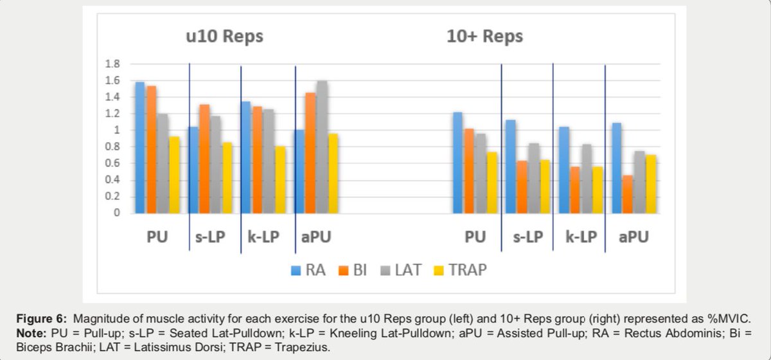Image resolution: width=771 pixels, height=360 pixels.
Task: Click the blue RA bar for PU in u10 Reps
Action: [x=140, y=148]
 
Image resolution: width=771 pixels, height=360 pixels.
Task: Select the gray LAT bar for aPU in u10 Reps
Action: [x=321, y=147]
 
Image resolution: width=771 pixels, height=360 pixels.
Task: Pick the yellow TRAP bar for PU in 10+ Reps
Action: [x=491, y=183]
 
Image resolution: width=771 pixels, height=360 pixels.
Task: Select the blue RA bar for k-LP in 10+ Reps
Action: [x=564, y=170]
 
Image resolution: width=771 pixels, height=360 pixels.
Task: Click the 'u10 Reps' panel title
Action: [x=220, y=36]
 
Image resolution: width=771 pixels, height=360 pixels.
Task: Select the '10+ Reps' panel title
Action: [x=484, y=36]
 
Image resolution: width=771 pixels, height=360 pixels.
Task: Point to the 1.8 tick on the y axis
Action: [x=112, y=64]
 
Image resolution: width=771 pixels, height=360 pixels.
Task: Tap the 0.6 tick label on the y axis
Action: [x=112, y=163]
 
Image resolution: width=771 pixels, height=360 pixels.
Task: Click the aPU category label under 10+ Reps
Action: [x=633, y=237]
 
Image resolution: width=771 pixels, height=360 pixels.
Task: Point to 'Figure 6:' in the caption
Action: [x=42, y=319]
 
